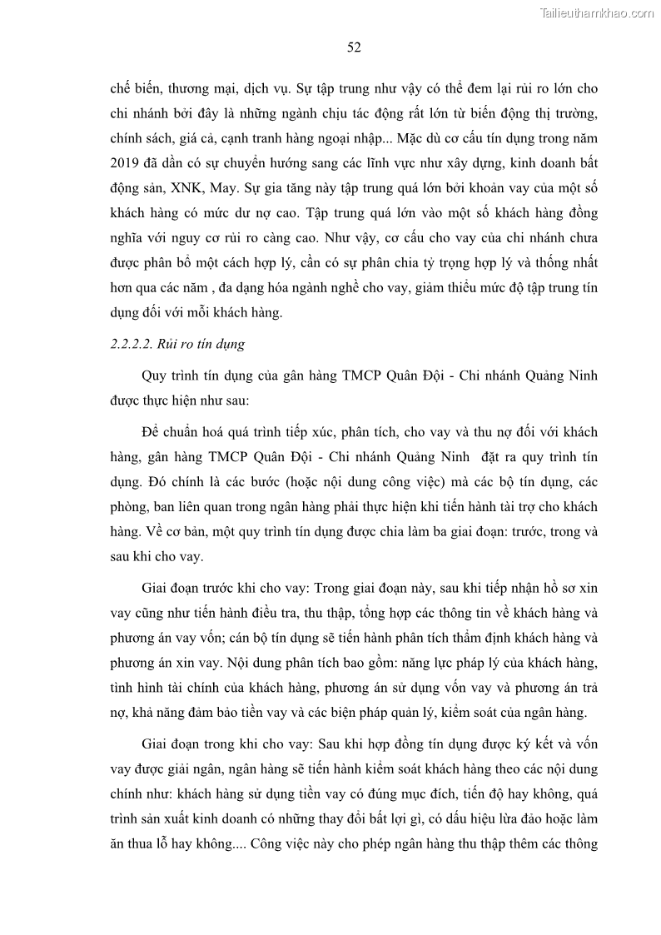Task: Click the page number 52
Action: pyautogui.click(x=353, y=47)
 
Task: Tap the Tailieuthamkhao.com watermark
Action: pyautogui.click(x=598, y=12)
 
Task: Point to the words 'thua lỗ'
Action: pyautogui.click(x=149, y=843)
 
